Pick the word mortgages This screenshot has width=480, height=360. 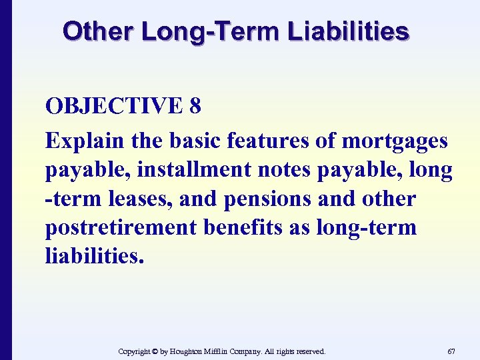point(395,141)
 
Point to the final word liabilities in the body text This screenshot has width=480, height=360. point(93,256)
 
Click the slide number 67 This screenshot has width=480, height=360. point(451,351)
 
